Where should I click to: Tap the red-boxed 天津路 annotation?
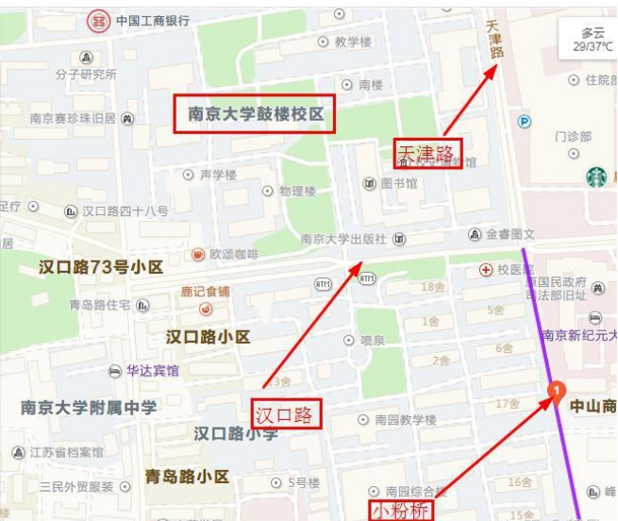coord(426,153)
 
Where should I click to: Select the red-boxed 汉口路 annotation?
coord(287,414)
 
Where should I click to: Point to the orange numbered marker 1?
coord(557,388)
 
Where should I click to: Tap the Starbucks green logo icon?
coord(595,176)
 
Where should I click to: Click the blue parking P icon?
coord(525,121)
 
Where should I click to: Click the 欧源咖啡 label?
coord(234,255)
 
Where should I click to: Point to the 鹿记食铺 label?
coord(206,292)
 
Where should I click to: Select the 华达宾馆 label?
coord(153,371)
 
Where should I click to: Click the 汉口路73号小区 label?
coord(101,267)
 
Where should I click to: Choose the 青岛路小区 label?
coord(187,477)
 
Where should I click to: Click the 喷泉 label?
coord(372,340)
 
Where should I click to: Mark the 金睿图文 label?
coord(509,234)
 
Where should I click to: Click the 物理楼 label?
coord(297,192)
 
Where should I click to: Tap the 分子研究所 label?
coord(86,75)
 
